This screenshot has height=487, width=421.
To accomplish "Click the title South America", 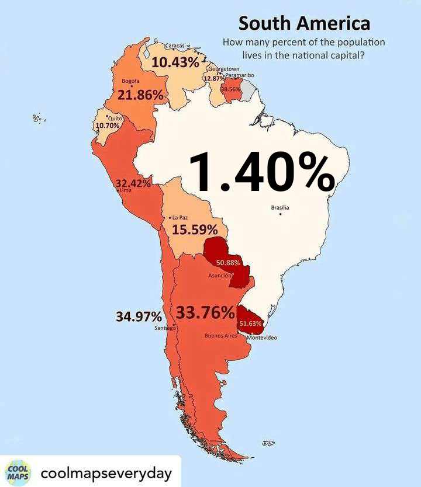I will pos(304,23).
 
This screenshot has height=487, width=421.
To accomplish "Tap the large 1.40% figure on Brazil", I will pos(261,172).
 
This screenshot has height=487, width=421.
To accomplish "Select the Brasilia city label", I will pos(280,207).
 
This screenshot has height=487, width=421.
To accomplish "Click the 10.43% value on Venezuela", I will pos(175,62).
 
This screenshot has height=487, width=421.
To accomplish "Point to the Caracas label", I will pos(175,46).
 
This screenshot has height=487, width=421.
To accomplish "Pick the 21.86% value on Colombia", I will pos(140,95).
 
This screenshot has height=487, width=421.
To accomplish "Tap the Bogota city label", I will pos(130,81).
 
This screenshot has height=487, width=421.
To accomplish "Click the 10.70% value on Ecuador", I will pos(107,126).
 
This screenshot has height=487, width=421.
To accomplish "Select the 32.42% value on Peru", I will pos(133,183).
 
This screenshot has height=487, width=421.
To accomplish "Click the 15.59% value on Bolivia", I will pos(195,230).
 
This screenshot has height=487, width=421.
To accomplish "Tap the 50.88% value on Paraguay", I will pos(228,263).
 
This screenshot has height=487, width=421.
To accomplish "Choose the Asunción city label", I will pos(220,275).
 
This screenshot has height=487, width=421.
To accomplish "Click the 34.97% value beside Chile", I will pos(139,317).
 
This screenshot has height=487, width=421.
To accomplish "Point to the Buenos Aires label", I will pos(220,336).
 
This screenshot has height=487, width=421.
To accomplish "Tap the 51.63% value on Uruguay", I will pos(250,323).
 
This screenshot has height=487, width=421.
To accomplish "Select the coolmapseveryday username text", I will pos(106,472).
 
